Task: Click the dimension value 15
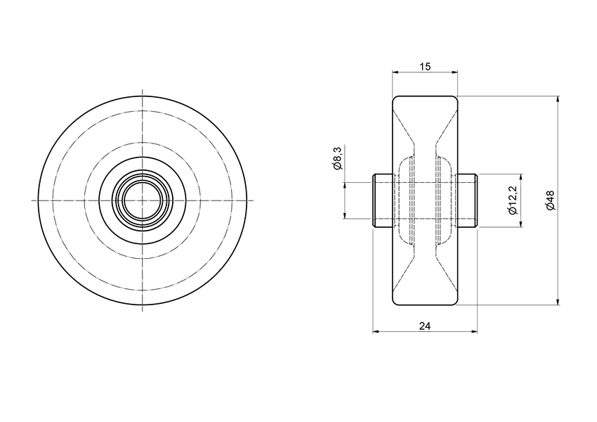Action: coord(425,66)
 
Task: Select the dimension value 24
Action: coord(424,325)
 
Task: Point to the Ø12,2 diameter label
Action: coord(512,201)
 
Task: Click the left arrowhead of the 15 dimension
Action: coord(395,72)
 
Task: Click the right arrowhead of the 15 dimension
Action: coord(454,72)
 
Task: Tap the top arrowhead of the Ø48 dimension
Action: coord(558,99)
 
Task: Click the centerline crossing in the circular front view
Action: coord(143,200)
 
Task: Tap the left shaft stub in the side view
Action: coord(382,200)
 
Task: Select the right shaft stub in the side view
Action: coord(468,200)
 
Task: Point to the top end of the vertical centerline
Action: coord(143,90)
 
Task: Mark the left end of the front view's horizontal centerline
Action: coord(32,200)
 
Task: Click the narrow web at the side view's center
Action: coord(425,200)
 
